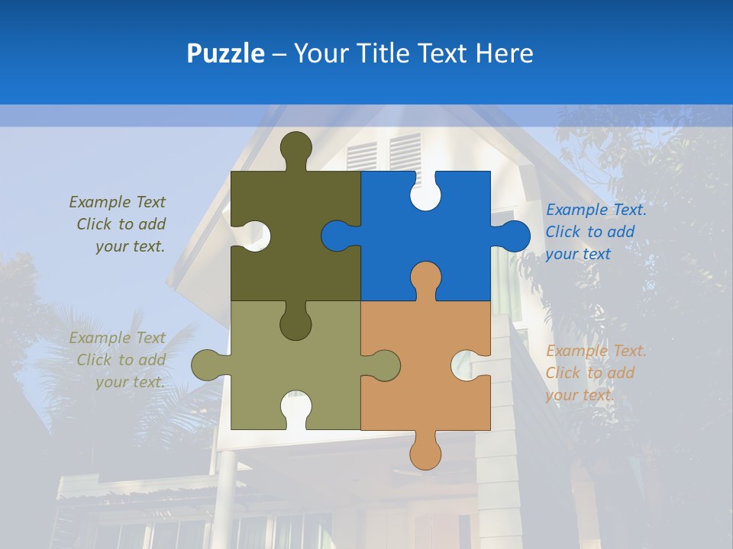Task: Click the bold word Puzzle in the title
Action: pos(226,54)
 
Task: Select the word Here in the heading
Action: pos(504,53)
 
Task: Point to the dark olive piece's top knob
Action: pos(296,147)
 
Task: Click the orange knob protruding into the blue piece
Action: pos(425,278)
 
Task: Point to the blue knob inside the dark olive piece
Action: pos(338,236)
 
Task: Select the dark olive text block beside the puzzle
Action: pos(118,224)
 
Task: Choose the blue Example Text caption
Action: pos(596,232)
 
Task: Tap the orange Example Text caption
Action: pos(596,373)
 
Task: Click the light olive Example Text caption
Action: pos(118,360)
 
